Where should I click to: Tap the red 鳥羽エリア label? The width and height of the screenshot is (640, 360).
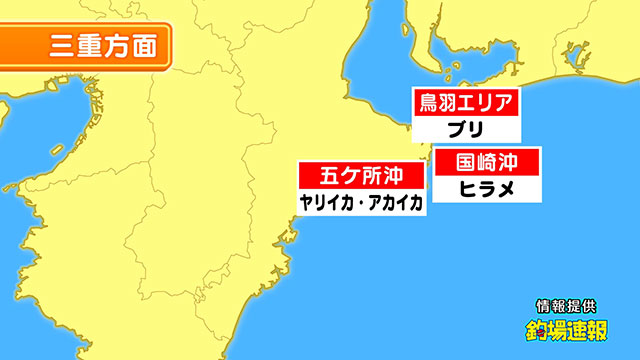466,103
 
